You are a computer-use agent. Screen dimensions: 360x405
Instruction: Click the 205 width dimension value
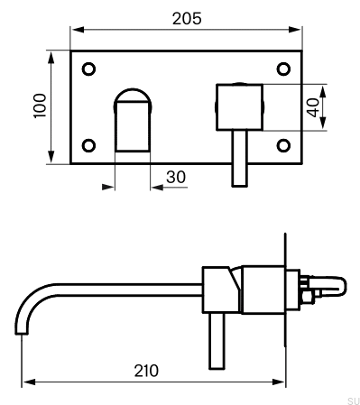tap(187, 19)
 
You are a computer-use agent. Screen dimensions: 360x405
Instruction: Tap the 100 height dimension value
tap(40, 106)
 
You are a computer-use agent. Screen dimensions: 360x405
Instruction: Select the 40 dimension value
tap(313, 107)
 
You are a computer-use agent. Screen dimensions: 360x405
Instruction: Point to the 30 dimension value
tap(176, 177)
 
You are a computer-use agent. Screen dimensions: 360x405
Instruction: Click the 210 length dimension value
tap(146, 371)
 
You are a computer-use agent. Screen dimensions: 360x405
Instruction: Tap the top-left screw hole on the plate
tap(88, 69)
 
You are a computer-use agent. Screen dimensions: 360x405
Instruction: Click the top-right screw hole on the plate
tap(283, 69)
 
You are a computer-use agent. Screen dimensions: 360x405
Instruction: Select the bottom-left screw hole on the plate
tap(88, 145)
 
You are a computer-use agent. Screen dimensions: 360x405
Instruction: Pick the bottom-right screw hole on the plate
tap(283, 145)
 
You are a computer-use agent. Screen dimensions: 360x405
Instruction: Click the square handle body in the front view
tap(240, 107)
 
